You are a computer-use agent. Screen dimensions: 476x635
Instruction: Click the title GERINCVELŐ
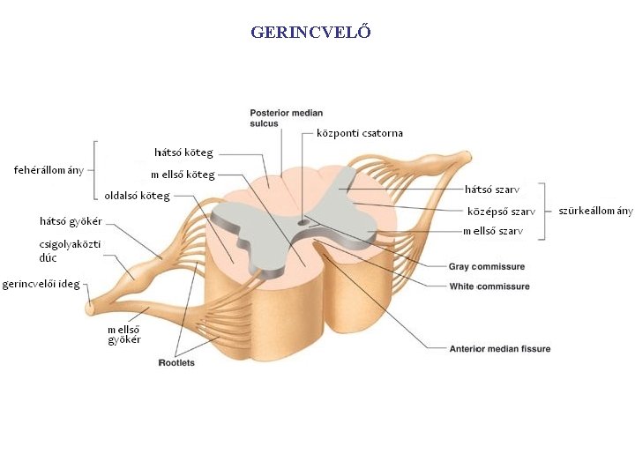[x=310, y=33]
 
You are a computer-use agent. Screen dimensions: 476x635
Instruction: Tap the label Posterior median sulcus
[x=286, y=118]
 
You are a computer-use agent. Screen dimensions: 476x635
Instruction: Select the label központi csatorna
[x=359, y=133]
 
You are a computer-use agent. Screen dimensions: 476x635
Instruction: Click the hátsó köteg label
[x=183, y=152]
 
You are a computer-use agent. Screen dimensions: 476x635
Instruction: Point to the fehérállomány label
[x=49, y=169]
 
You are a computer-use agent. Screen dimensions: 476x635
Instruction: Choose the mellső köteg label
[x=183, y=175]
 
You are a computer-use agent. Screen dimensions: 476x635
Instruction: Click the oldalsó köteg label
[x=137, y=196]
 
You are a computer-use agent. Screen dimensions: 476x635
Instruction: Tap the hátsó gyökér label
[x=71, y=220]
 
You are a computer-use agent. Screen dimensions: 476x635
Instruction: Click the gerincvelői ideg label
[x=41, y=284]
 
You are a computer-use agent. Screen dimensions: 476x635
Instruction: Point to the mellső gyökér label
[x=124, y=334]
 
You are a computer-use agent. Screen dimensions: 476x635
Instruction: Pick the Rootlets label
[x=176, y=362]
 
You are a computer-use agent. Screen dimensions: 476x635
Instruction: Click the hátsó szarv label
[x=492, y=189]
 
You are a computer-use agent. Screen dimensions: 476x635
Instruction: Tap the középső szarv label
[x=501, y=212]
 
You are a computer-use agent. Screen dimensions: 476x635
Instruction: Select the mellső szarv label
[x=493, y=232]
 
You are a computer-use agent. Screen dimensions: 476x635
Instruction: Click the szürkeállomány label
[x=595, y=211]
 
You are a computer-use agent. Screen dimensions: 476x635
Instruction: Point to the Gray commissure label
[x=486, y=266]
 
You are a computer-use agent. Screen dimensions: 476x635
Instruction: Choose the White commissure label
[x=489, y=286]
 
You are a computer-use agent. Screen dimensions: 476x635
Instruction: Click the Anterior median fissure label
[x=500, y=349]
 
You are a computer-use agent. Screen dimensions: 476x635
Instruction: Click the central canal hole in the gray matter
[x=303, y=221]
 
